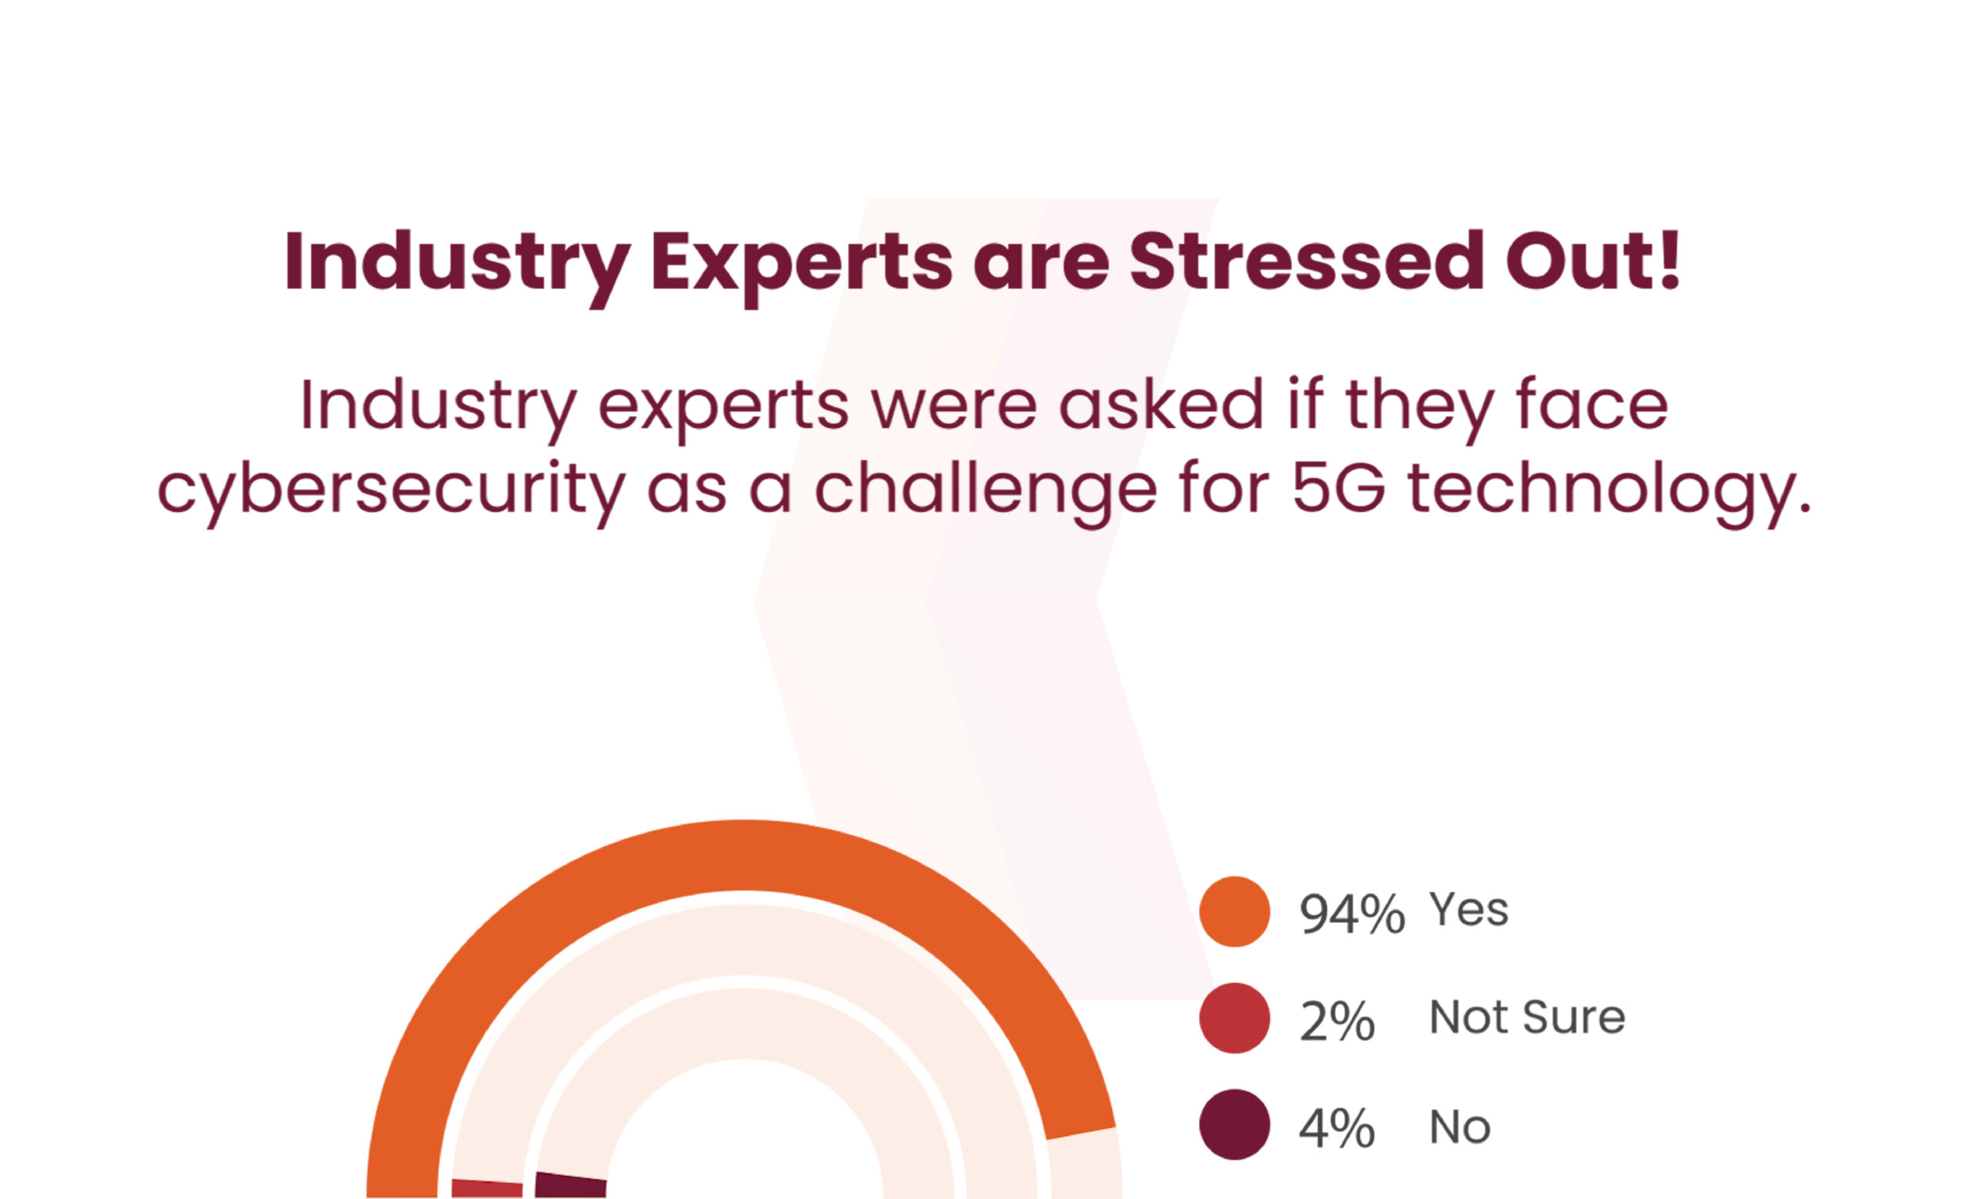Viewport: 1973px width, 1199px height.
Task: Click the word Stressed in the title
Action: [1307, 262]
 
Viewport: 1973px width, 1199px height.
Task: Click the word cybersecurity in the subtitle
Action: [391, 490]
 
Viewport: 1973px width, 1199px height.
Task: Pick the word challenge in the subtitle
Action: [985, 490]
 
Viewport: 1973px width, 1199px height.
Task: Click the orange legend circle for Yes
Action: [1234, 911]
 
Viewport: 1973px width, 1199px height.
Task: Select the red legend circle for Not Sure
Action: [1234, 1018]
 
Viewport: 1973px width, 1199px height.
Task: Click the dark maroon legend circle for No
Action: [1234, 1124]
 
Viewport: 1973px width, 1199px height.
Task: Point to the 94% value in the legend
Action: [1352, 914]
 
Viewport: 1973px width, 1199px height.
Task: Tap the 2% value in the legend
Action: [1336, 1021]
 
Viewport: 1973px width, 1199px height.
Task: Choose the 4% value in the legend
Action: [1336, 1128]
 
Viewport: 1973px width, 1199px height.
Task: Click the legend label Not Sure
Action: [1527, 1017]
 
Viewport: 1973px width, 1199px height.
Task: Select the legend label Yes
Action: [1468, 910]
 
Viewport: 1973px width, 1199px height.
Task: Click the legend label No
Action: [1460, 1127]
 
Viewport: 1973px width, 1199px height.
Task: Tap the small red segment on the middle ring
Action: [487, 1188]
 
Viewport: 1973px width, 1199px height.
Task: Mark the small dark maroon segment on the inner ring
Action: [570, 1185]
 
